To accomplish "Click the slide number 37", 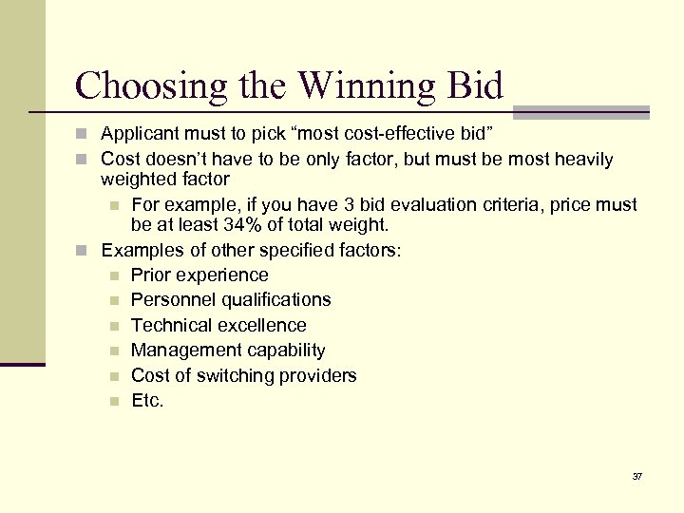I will pyautogui.click(x=636, y=476).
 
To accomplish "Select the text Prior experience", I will pyautogui.click(x=199, y=275).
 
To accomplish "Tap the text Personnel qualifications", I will pyautogui.click(x=231, y=300).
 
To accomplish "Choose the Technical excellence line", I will pyautogui.click(x=218, y=326).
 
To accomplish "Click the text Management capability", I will pyautogui.click(x=228, y=351).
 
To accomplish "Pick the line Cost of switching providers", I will pyautogui.click(x=243, y=375).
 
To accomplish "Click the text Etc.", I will pyautogui.click(x=147, y=401).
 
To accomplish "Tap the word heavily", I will pyautogui.click(x=582, y=159).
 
